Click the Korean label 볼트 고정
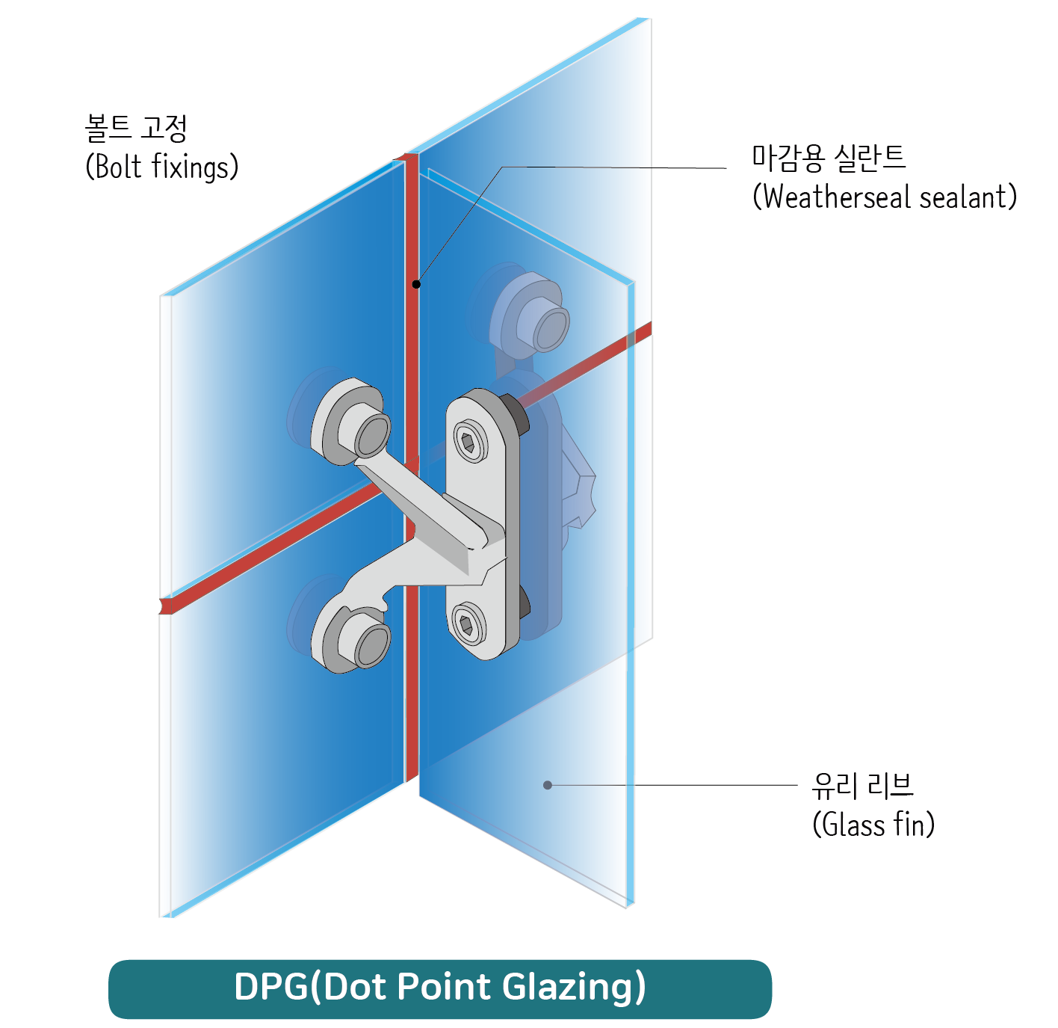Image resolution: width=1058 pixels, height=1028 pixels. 136,128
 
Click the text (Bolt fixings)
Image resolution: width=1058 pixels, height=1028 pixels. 162,167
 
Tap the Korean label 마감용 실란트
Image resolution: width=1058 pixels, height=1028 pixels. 829,157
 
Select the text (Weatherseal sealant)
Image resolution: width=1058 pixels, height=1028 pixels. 885,197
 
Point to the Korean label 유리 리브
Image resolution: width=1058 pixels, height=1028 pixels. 863,785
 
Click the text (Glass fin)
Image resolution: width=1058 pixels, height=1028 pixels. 873,825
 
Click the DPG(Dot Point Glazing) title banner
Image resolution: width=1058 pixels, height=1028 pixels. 440,988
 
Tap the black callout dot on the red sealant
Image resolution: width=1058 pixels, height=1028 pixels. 416,284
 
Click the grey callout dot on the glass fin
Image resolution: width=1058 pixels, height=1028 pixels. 548,785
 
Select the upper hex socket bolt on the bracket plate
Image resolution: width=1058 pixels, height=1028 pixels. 468,443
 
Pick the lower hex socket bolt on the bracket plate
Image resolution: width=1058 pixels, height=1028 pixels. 468,624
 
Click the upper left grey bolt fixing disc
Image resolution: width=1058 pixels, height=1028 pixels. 351,422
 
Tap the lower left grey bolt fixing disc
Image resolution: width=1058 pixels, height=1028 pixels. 351,637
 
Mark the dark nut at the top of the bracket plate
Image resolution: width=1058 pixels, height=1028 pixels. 516,413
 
